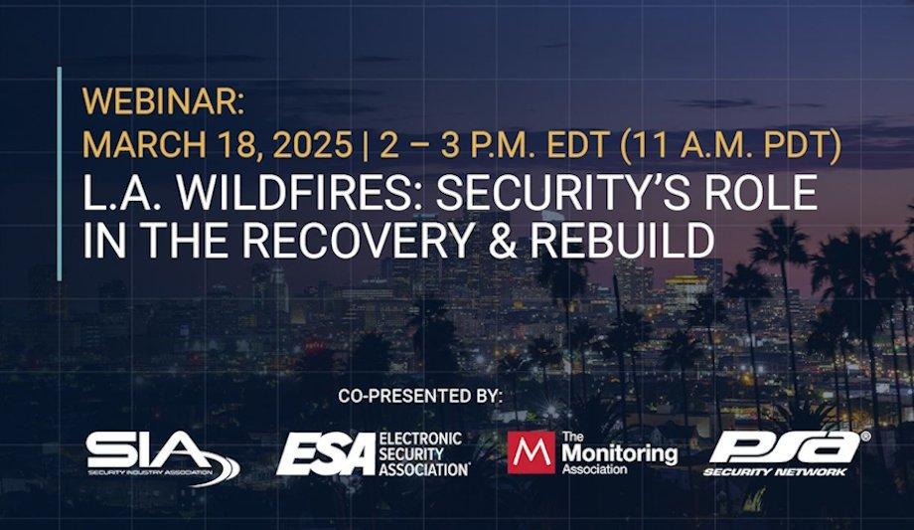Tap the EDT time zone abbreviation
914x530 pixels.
tap(569, 145)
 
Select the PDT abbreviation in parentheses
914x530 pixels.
tap(793, 145)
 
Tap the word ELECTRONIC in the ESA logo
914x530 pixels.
tap(421, 439)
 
